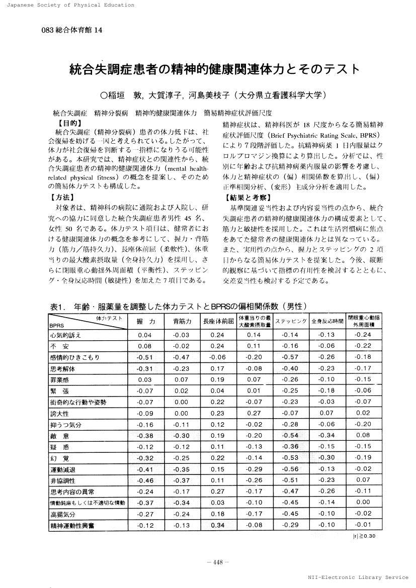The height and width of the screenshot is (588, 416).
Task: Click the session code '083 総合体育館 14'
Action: click(x=72, y=30)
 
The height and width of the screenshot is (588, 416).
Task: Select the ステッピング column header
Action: click(x=291, y=321)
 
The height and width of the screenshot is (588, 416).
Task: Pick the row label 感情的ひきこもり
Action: click(x=74, y=357)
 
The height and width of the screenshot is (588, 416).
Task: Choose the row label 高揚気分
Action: click(x=63, y=514)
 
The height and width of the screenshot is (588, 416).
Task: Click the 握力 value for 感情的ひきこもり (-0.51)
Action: click(x=144, y=357)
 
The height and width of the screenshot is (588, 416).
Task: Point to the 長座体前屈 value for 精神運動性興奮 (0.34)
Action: click(x=217, y=526)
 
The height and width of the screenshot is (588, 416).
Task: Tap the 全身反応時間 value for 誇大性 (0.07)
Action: click(x=326, y=413)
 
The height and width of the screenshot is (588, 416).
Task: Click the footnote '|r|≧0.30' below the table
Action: click(x=364, y=536)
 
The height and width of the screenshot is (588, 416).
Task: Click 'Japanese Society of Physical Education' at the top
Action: click(x=67, y=5)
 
